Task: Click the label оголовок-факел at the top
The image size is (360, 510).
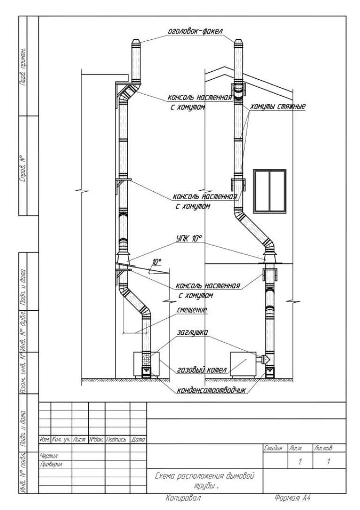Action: tap(195, 31)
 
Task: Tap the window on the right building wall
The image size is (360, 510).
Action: tap(270, 191)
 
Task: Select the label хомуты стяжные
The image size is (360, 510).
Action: tap(278, 106)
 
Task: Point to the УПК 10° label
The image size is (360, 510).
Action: tap(189, 239)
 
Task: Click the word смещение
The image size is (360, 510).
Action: tap(192, 309)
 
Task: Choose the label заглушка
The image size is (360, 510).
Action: tap(193, 332)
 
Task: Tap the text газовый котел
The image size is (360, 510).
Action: tap(202, 370)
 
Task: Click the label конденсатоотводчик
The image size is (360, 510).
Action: tap(211, 390)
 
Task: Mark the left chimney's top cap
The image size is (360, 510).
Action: tap(136, 44)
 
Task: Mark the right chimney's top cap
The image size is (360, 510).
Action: tap(239, 44)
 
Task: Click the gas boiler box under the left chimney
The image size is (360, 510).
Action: tap(146, 364)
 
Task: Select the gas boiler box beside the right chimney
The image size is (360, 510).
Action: tap(243, 364)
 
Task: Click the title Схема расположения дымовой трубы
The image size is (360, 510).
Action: tap(204, 480)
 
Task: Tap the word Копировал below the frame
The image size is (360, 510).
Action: tap(183, 498)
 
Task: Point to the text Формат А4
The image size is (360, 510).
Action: tap(291, 498)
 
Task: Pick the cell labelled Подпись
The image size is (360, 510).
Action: tap(117, 440)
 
